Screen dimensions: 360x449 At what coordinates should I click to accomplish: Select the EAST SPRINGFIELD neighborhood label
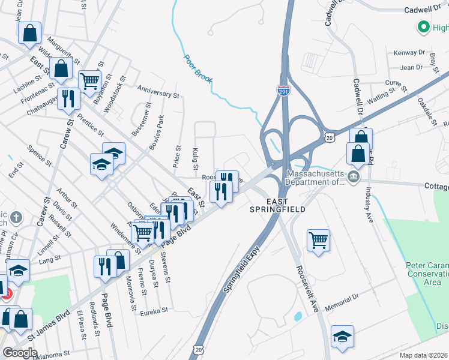277,205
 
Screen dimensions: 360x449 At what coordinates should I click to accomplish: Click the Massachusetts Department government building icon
354,176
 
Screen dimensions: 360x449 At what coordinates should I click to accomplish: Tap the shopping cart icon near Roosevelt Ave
319,240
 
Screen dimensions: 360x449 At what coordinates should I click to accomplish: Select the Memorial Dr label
342,301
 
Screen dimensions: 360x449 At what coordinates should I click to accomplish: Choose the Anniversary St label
158,91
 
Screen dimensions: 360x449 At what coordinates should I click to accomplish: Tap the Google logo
19,353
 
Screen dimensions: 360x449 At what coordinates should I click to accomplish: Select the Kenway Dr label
409,53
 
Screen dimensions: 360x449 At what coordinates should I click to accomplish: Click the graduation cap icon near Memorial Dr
342,336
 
